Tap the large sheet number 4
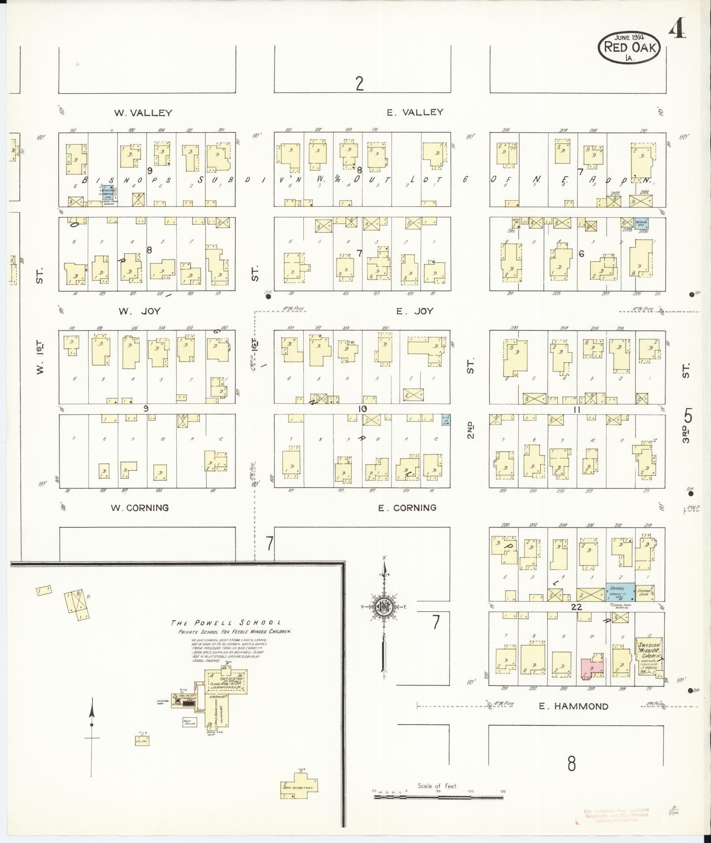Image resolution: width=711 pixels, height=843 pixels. [678, 31]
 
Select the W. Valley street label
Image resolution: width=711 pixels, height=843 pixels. [143, 113]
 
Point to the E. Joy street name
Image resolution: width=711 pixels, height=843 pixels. [414, 312]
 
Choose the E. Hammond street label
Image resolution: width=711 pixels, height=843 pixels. [573, 706]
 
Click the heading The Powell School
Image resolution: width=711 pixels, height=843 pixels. [226, 623]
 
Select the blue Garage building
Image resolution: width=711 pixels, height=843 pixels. [620, 592]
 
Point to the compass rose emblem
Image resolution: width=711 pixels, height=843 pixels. [383, 608]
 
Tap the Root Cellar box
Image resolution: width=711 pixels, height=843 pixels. [190, 722]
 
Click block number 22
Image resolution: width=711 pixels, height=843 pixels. [576, 607]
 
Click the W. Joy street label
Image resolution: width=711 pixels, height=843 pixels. [139, 312]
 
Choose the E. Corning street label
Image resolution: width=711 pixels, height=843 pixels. [407, 508]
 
